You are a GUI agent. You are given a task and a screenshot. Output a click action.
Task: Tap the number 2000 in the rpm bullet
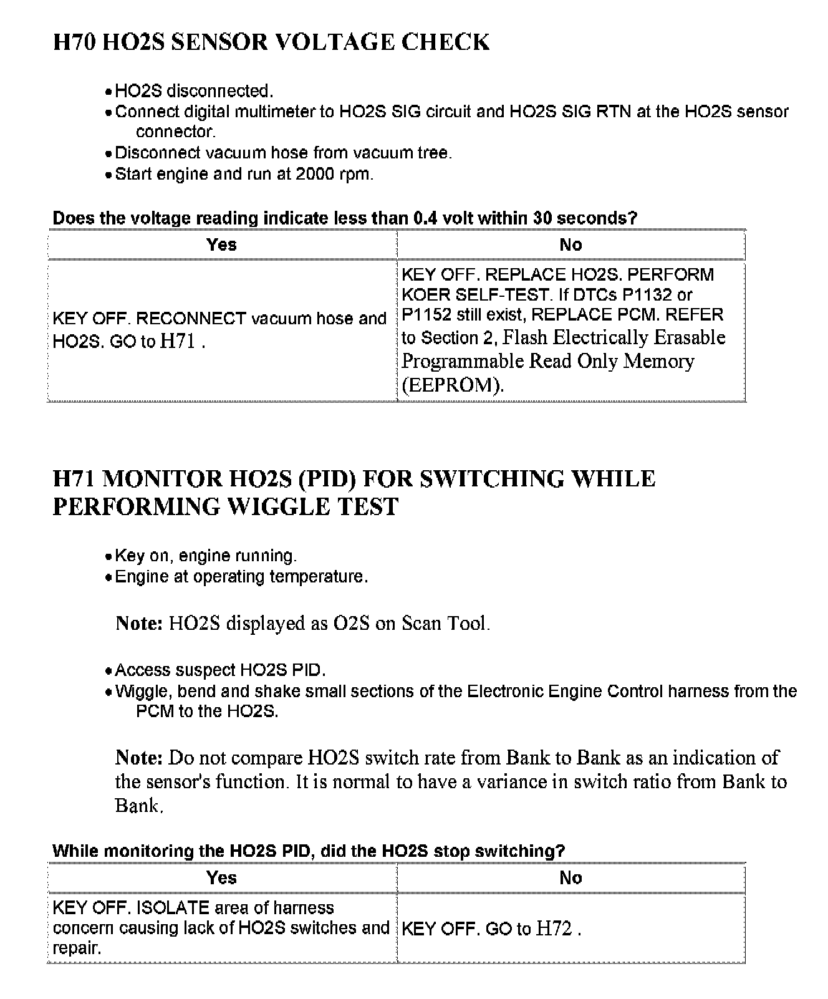coord(315,174)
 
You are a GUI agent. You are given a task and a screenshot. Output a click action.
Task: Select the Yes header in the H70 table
coord(222,244)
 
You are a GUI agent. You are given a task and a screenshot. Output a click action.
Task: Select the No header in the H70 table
coord(570,244)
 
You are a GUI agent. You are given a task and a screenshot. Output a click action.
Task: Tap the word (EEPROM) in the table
coord(453,385)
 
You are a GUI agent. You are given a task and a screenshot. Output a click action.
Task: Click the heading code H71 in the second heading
coord(75,479)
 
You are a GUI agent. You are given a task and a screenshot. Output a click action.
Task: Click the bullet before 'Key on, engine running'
coord(108,557)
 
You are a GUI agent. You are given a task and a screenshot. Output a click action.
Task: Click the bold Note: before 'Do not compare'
coord(139,758)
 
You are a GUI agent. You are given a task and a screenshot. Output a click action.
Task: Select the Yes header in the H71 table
coord(222,878)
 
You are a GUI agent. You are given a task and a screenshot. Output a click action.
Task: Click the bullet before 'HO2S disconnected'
coord(108,92)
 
